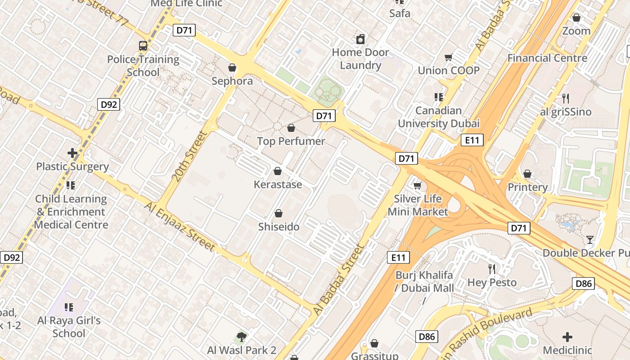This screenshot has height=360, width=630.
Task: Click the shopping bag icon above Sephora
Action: coord(232,68)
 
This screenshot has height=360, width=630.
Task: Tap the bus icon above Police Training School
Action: coord(143,46)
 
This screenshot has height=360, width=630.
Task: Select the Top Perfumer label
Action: coord(291,141)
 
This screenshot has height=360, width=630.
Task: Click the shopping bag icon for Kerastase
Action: coord(278,171)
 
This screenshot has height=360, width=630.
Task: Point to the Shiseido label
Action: coord(279,227)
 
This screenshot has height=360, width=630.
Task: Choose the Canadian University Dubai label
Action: coord(438,117)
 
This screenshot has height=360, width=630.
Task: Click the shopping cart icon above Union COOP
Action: coord(448,58)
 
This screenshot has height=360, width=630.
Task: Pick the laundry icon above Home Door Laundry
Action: coord(360,39)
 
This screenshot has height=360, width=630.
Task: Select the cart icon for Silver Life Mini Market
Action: coord(417,185)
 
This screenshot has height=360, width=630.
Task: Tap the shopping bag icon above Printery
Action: coord(527,174)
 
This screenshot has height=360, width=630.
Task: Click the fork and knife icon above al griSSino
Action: coord(566,98)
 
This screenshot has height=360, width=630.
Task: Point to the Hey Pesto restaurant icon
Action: coord(492,269)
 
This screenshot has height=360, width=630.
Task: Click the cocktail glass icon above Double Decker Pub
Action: coord(590,239)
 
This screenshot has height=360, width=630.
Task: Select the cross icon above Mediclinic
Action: coord(567,337)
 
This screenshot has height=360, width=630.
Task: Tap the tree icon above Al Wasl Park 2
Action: coord(242,337)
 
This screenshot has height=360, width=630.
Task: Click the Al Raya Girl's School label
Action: coord(69,327)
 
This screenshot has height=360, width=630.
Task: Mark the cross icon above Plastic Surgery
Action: coord(72,153)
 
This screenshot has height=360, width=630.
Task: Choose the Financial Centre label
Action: coord(547,58)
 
